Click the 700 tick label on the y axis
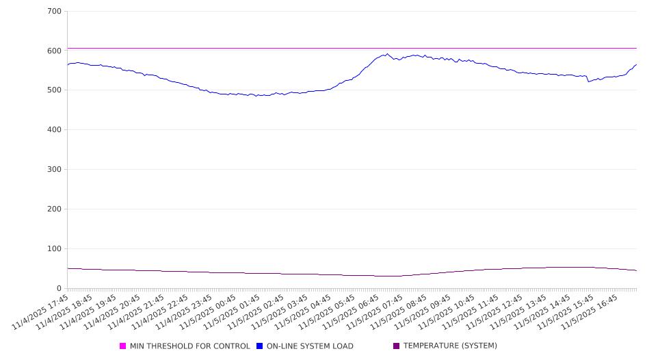(55, 12)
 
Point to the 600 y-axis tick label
(55, 51)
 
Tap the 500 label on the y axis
(55, 90)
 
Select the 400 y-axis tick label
(55, 130)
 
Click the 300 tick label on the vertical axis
(55, 170)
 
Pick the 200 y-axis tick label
(55, 209)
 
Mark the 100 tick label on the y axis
(55, 249)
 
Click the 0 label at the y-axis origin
(60, 289)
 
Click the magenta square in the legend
(123, 346)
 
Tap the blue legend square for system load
(260, 346)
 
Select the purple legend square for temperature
(397, 346)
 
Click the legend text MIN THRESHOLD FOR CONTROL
(189, 346)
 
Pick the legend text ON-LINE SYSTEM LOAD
(310, 346)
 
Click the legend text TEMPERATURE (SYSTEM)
(450, 346)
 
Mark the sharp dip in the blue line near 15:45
(588, 81)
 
